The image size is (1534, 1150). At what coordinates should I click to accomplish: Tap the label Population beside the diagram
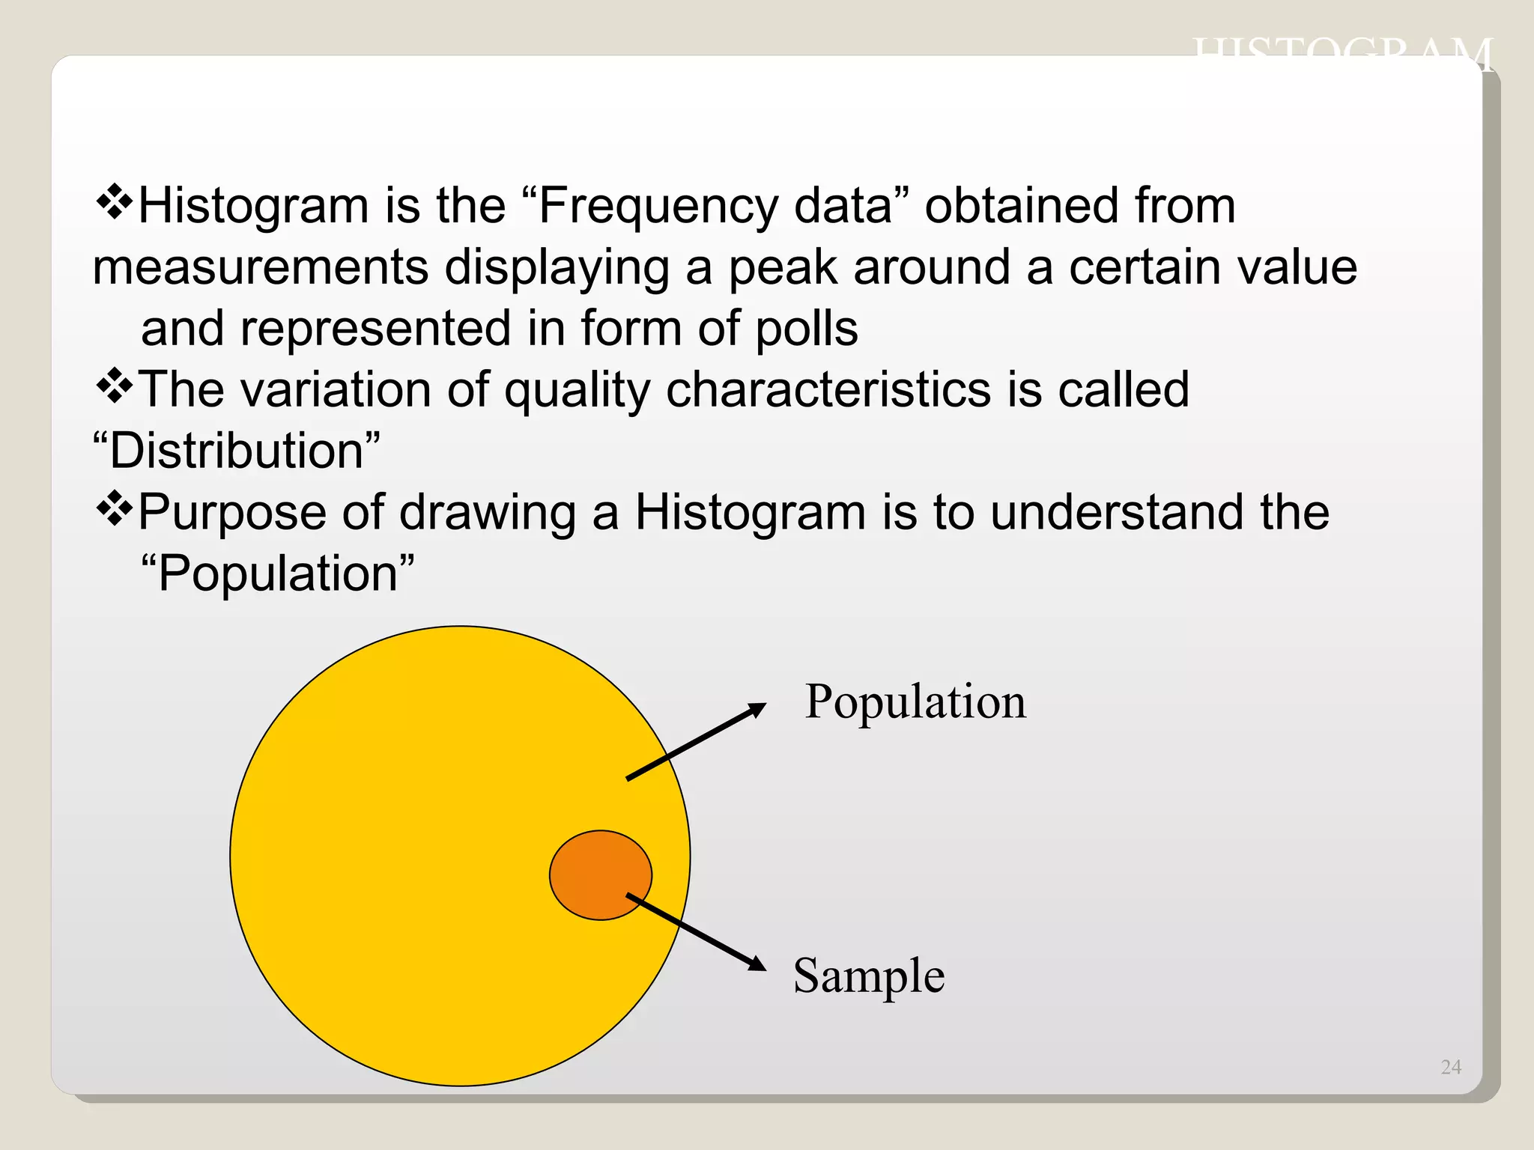click(x=915, y=702)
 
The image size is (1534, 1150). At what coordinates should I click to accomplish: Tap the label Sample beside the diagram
click(x=869, y=976)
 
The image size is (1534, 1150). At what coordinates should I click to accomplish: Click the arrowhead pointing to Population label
click(x=757, y=709)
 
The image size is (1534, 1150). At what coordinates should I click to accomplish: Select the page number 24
click(x=1450, y=1067)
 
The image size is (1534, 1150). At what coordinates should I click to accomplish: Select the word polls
click(x=806, y=329)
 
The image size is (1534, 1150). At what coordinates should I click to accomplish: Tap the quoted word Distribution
click(x=237, y=451)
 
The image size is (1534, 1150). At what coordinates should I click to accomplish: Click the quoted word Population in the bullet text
click(x=278, y=574)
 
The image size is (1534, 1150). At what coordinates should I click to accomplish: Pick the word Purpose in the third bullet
click(x=233, y=514)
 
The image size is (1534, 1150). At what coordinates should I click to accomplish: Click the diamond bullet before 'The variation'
click(x=115, y=386)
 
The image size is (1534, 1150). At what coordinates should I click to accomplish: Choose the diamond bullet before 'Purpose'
click(x=115, y=509)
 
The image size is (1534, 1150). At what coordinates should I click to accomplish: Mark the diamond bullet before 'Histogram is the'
click(x=115, y=202)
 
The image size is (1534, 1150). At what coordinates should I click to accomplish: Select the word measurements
click(x=261, y=268)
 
